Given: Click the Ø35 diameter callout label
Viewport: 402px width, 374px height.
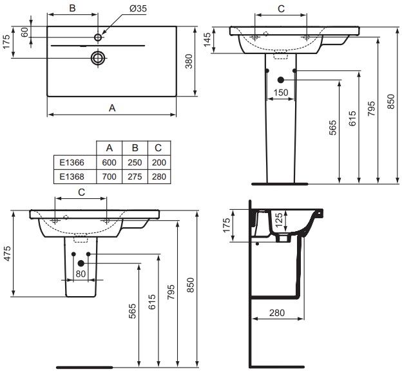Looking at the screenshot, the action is click(x=138, y=8).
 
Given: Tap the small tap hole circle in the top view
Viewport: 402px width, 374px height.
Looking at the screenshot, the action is click(x=98, y=37).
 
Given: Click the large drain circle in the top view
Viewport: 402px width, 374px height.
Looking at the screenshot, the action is click(x=98, y=58).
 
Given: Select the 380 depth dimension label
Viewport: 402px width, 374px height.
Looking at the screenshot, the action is click(x=189, y=61).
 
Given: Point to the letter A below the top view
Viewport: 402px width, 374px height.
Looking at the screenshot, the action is click(x=112, y=108).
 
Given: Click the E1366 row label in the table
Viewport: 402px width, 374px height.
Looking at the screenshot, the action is click(x=72, y=162).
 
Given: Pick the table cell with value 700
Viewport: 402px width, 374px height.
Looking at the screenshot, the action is click(x=110, y=176).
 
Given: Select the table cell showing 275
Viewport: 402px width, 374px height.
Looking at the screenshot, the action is click(x=135, y=176).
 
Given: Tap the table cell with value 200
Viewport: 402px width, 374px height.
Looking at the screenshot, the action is click(x=159, y=162).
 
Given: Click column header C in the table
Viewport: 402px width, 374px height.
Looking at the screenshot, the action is click(x=158, y=148).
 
